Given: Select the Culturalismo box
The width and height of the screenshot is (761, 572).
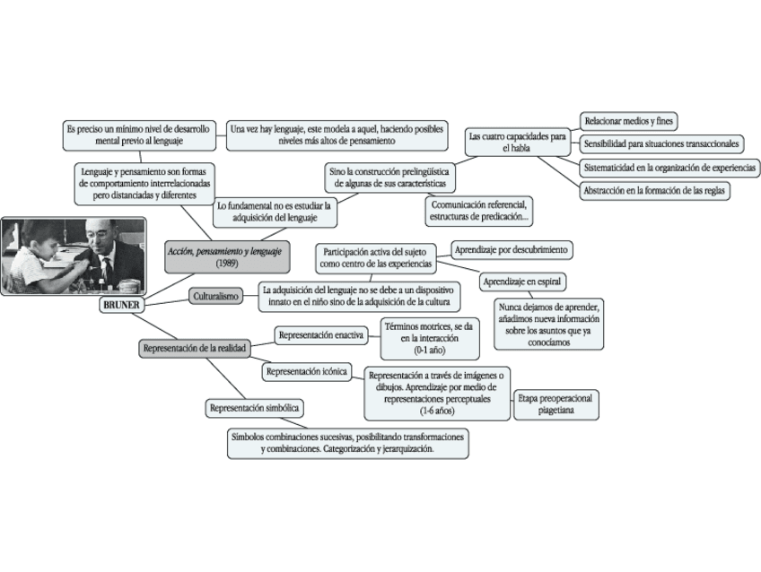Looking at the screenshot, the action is click(x=215, y=295).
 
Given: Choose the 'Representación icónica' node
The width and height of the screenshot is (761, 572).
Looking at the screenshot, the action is click(x=307, y=370).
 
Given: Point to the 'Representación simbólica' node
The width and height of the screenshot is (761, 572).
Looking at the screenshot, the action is click(x=254, y=408).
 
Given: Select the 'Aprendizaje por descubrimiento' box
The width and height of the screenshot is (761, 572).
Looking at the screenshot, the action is click(x=512, y=249).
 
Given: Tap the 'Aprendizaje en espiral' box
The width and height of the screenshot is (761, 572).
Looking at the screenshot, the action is click(x=523, y=282).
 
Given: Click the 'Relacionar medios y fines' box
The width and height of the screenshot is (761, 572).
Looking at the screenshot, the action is click(x=629, y=120).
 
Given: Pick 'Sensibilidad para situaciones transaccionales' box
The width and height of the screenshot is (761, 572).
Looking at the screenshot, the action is click(x=661, y=143).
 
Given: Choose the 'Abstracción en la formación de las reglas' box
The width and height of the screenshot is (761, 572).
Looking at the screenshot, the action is click(x=655, y=190).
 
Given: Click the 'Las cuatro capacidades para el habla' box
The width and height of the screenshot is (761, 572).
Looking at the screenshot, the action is click(x=518, y=142).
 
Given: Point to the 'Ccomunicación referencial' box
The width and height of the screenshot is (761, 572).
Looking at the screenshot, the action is click(x=479, y=211).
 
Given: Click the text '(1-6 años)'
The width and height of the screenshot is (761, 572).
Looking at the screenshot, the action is click(x=437, y=412).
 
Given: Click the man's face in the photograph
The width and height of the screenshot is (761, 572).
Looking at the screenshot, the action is click(x=101, y=239).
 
